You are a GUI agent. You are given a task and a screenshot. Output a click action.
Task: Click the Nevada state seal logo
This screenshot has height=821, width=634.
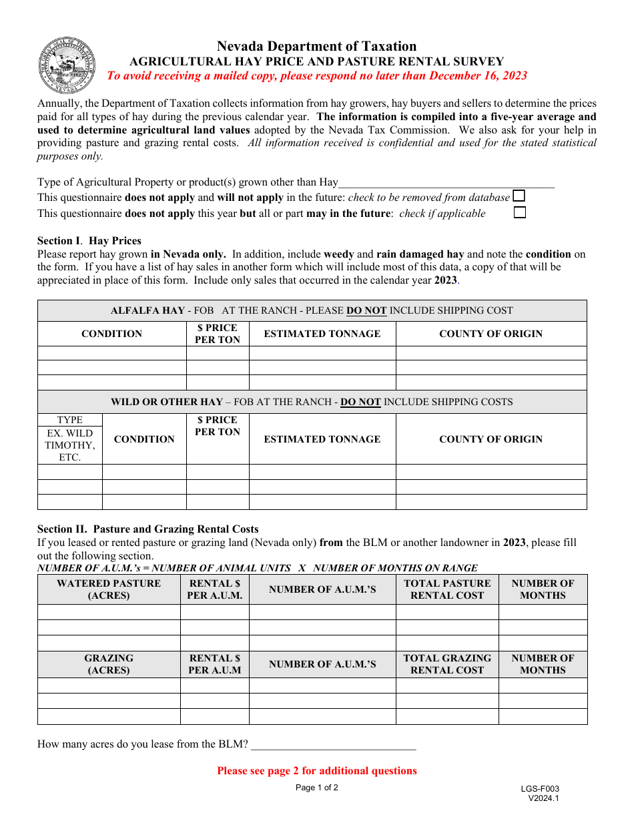click(67, 65)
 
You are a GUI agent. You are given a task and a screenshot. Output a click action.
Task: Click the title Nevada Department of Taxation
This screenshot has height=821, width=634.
click(316, 46)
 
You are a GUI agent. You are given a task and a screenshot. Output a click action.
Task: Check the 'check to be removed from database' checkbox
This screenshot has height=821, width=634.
click(519, 196)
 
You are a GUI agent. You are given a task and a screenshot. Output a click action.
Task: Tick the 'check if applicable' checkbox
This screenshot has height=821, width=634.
click(519, 213)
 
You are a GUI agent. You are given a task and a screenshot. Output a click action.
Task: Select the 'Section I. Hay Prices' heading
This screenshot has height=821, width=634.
click(89, 240)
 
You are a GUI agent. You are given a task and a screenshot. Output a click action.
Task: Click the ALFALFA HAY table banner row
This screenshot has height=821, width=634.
click(312, 310)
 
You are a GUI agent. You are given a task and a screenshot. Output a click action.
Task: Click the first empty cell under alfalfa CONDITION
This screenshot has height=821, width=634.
click(111, 353)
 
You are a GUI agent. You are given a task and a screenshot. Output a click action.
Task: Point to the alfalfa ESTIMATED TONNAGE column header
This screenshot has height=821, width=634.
click(322, 334)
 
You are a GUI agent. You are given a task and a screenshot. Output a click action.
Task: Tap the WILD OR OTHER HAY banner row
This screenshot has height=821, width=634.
click(312, 402)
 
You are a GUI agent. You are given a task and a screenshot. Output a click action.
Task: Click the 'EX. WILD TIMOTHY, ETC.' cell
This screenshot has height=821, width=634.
click(70, 445)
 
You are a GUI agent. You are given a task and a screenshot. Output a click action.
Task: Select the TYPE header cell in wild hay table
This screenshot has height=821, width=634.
click(70, 420)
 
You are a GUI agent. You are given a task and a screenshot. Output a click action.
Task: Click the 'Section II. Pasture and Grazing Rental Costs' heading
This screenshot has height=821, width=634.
click(147, 529)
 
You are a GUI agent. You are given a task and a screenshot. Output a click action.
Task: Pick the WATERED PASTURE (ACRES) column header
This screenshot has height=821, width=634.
click(109, 589)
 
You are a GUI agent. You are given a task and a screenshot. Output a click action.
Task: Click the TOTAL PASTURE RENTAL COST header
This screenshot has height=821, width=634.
click(447, 589)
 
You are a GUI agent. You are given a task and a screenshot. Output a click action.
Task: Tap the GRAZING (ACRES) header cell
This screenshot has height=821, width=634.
click(109, 664)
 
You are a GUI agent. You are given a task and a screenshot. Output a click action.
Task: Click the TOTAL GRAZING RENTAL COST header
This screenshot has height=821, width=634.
click(447, 664)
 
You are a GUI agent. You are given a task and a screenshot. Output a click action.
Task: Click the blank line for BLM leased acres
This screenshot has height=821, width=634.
click(333, 745)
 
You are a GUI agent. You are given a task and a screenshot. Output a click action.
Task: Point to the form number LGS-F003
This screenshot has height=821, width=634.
click(540, 788)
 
